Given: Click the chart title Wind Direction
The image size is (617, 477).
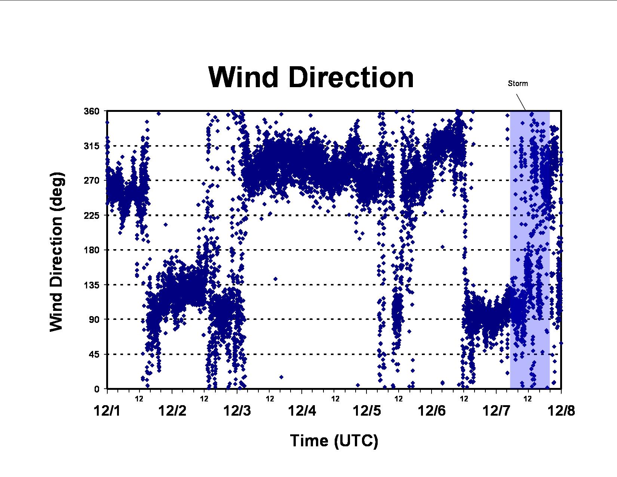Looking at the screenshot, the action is [311, 77].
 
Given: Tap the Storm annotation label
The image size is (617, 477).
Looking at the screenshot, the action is [518, 83].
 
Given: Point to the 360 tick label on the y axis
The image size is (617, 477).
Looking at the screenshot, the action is [92, 111].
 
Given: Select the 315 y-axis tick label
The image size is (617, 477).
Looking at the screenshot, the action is [92, 146].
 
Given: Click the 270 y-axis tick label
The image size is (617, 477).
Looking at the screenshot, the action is [92, 180].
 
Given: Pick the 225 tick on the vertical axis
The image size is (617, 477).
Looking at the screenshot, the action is [92, 215].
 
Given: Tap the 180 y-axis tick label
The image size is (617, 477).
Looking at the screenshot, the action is [92, 250].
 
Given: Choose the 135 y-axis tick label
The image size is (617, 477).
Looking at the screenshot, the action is [92, 285].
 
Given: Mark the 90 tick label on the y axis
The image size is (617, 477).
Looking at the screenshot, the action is [94, 319].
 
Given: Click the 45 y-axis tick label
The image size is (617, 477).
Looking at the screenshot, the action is [94, 354].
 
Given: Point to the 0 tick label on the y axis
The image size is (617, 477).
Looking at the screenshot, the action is [97, 389].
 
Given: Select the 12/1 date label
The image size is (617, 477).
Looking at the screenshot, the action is [107, 411].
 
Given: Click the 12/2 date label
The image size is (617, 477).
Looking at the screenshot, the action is [172, 411].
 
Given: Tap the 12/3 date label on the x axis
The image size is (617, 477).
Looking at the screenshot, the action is [237, 411].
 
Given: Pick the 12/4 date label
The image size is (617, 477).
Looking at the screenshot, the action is [302, 411].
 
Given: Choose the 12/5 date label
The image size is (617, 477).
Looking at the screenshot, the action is [366, 411].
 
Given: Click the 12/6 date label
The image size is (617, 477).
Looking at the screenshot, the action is [432, 411].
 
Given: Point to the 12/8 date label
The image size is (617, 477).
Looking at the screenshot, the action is [561, 411].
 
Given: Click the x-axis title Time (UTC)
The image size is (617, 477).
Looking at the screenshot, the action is [334, 441].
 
